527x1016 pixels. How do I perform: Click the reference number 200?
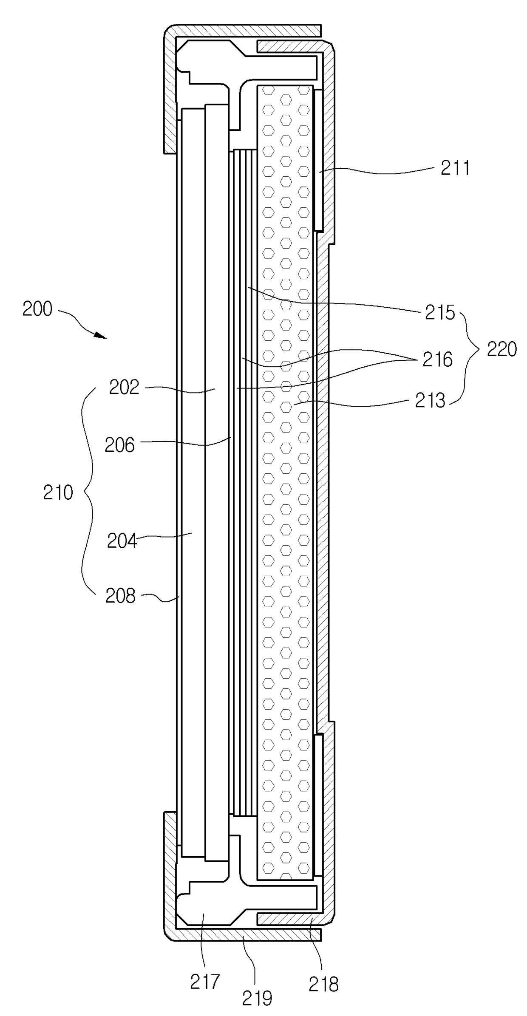click(37, 309)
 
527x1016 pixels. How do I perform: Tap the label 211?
click(455, 169)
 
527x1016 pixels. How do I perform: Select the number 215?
click(440, 313)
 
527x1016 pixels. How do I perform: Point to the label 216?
click(437, 360)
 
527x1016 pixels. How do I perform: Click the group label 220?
click(502, 350)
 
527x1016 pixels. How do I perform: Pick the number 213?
click(430, 401)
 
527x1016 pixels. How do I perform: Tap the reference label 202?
click(124, 387)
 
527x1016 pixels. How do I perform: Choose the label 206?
click(119, 445)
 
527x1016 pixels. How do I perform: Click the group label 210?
click(58, 493)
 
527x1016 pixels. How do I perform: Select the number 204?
click(122, 541)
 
